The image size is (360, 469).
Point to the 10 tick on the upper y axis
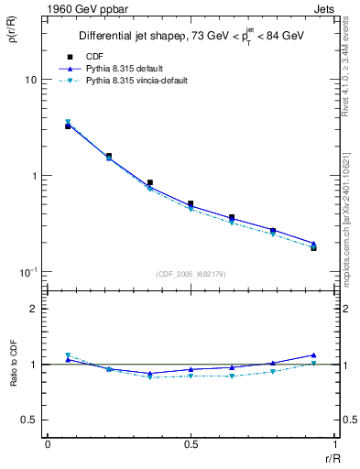click(30, 80)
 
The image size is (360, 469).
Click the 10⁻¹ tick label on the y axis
click(27, 272)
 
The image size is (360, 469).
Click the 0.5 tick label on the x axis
click(191, 444)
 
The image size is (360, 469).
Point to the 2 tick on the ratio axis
click(34, 309)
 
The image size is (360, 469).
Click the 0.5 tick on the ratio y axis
click(29, 420)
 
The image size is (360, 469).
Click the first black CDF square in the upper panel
click(68, 126)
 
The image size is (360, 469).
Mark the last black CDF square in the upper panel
click(313, 247)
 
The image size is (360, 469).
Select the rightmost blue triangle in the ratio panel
click(313, 354)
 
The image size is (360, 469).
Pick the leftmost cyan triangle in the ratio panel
click(68, 355)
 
